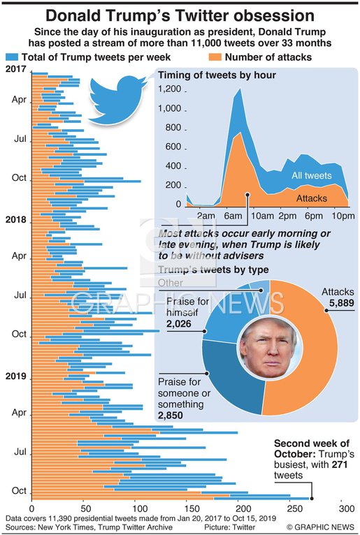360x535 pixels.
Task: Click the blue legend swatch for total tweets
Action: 12,57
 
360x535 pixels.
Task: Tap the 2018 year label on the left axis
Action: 15,219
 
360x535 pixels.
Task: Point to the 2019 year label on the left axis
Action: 15,376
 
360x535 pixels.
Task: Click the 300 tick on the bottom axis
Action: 344,510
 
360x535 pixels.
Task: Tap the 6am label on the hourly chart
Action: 234,215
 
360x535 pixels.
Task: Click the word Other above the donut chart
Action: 172,282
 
